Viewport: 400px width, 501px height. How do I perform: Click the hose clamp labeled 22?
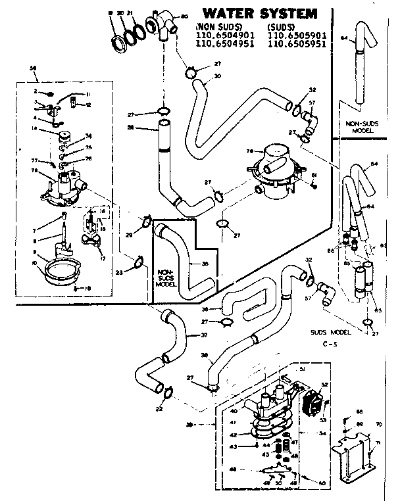click(x=166, y=393)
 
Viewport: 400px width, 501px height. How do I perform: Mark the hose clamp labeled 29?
click(x=146, y=222)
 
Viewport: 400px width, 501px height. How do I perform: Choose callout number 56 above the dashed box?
click(x=34, y=68)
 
